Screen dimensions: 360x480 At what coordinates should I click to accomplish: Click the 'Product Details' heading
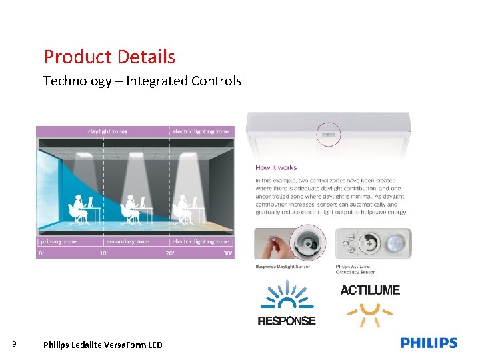click(109, 57)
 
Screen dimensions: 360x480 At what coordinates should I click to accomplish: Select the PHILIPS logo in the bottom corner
click(429, 343)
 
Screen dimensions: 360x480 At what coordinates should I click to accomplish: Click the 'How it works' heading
click(276, 167)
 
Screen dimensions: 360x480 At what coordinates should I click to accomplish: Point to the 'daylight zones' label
click(108, 131)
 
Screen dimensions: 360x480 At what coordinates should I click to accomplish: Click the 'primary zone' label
click(59, 241)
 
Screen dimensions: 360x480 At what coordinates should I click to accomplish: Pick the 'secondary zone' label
click(128, 241)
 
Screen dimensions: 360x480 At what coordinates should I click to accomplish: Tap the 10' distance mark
click(104, 253)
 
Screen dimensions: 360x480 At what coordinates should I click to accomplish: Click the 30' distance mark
click(228, 253)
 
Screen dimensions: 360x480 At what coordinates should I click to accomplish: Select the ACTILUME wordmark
click(370, 290)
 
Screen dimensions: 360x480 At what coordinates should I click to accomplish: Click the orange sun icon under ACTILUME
click(370, 313)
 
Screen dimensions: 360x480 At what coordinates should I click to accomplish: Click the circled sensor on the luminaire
click(327, 133)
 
